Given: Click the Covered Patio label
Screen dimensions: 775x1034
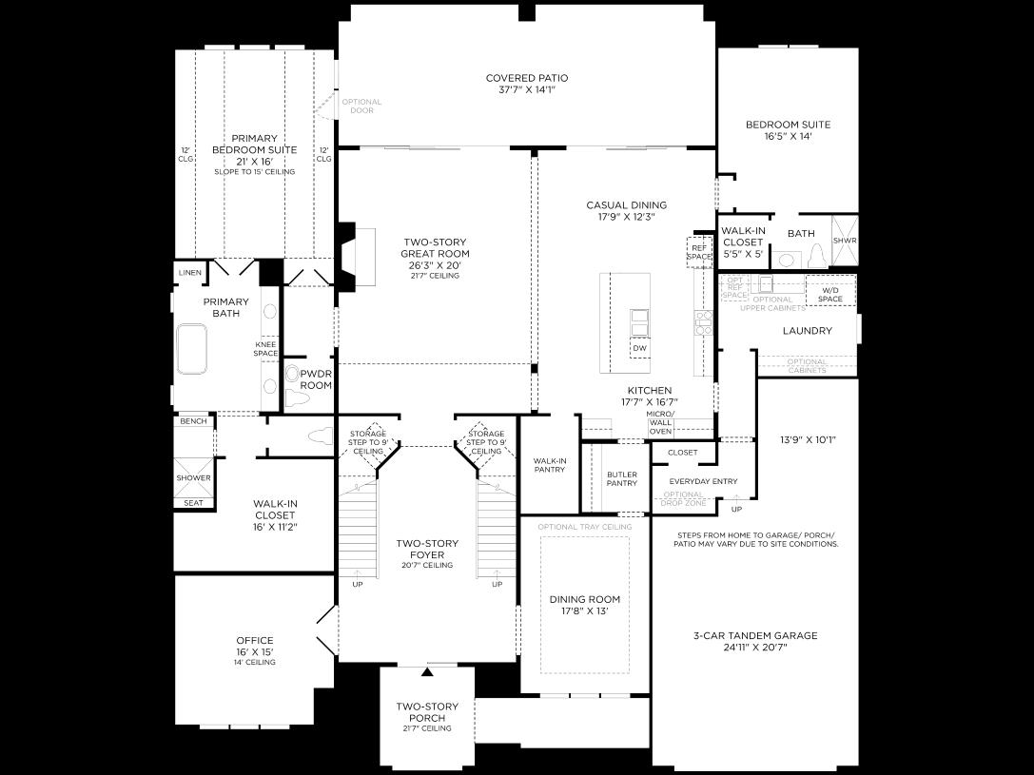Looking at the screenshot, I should click(x=526, y=84).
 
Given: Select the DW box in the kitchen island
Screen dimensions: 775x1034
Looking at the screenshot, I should click(x=639, y=349).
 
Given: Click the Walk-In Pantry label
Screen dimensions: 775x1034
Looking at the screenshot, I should click(x=550, y=465).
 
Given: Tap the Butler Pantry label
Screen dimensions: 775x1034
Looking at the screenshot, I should click(x=621, y=478).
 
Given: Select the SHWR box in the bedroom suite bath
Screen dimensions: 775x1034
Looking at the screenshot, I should click(x=844, y=241).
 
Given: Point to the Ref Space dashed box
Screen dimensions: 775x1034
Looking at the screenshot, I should click(x=699, y=252).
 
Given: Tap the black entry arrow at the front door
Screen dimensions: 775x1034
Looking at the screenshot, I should click(x=427, y=672).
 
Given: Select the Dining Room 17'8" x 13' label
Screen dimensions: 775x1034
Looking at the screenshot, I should click(x=584, y=605).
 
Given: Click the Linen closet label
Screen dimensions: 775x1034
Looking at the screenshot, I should click(x=189, y=274).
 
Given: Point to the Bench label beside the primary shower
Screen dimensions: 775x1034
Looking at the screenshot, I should click(x=192, y=420).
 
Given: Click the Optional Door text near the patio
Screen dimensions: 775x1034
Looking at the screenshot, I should click(x=361, y=107).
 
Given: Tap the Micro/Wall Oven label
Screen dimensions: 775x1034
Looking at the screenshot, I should click(x=660, y=423).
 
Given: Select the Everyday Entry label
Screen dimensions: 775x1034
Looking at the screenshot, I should click(x=703, y=481).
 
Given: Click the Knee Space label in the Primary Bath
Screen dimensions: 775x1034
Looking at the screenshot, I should click(x=265, y=349).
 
